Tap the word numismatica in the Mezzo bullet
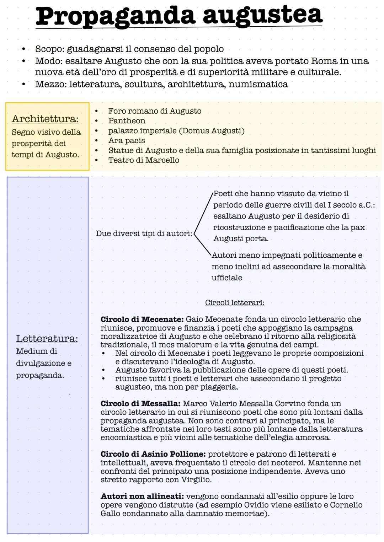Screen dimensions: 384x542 (258, 84)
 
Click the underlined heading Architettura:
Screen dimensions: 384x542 (45, 119)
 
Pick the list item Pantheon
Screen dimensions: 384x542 (127, 121)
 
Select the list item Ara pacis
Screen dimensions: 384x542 (127, 140)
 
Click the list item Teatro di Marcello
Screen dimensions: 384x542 (144, 160)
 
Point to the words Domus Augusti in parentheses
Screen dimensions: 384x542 (212, 131)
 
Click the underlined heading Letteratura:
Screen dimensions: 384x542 (47, 339)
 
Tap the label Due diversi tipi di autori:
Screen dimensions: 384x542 (144, 234)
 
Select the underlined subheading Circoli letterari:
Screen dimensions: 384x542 (235, 303)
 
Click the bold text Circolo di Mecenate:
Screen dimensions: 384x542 (142, 320)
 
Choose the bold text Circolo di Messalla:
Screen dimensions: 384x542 (140, 404)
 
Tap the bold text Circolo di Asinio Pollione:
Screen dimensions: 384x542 (153, 454)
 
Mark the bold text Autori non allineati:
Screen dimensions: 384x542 (142, 497)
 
